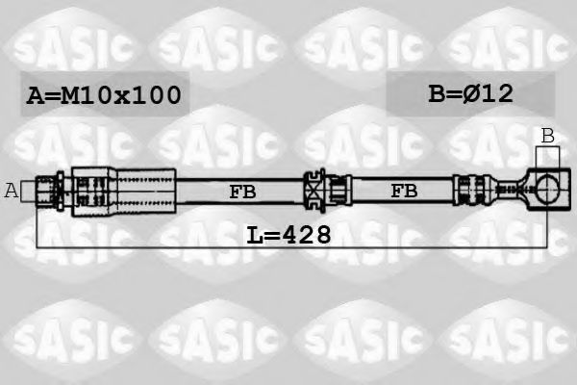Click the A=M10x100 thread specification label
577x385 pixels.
pyautogui.click(x=102, y=95)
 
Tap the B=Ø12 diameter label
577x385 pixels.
pyautogui.click(x=469, y=93)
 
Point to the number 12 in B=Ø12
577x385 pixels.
pyautogui.click(x=496, y=93)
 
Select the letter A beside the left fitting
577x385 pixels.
pyautogui.click(x=12, y=191)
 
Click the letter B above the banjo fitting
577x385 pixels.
pyautogui.click(x=547, y=136)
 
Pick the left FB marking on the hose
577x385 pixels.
pyautogui.click(x=243, y=192)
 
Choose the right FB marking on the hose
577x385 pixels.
pyautogui.click(x=404, y=192)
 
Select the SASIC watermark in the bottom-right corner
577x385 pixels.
pyautogui.click(x=505, y=337)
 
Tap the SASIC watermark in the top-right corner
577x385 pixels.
pyautogui.click(x=505, y=44)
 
